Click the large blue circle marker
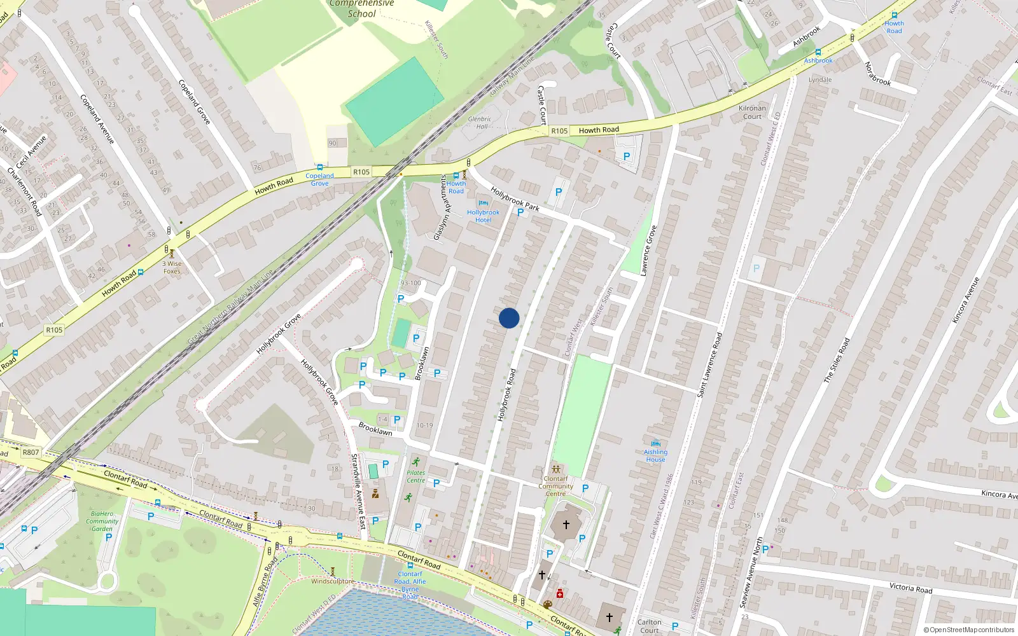tap(509, 318)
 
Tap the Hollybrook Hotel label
tap(483, 216)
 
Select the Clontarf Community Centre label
tap(555, 486)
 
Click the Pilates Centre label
tap(415, 476)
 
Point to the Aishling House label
tap(655, 455)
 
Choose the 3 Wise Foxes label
tap(172, 267)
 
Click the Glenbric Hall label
tap(480, 123)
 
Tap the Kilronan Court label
tap(752, 112)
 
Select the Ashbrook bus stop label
tap(818, 60)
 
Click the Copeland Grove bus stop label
tap(319, 179)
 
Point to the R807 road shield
tap(31, 452)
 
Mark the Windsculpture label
tap(332, 581)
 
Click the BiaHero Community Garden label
tap(102, 521)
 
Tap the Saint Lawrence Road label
tap(709, 365)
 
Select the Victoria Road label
tap(910, 588)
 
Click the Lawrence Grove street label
tap(648, 251)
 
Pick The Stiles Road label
tap(837, 360)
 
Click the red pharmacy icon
tap(560, 594)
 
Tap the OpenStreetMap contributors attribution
tap(968, 630)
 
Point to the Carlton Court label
tap(650, 626)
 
